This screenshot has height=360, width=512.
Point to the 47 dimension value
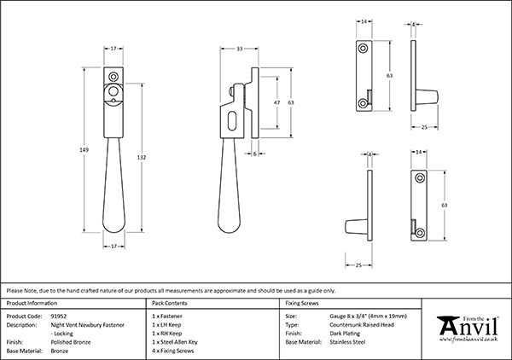coord(275,102)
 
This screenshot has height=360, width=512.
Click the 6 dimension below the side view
coord(256,154)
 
